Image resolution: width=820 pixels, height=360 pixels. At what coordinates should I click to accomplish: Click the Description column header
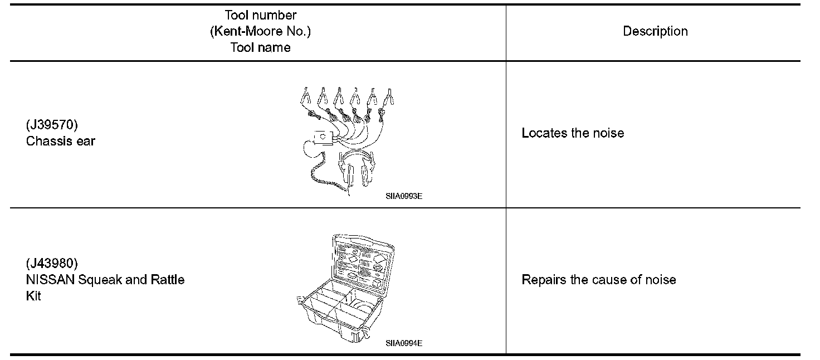(x=655, y=32)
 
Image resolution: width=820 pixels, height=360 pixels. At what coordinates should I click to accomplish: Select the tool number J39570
(x=52, y=125)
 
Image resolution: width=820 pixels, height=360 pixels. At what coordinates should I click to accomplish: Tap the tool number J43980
(x=52, y=263)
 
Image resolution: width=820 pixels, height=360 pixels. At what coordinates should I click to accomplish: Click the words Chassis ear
(x=61, y=141)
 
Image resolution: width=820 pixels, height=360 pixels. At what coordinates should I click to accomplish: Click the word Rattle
(x=168, y=280)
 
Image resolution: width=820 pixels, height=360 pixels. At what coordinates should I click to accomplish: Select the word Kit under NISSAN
(x=33, y=296)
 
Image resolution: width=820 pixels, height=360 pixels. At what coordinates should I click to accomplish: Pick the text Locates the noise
(x=573, y=133)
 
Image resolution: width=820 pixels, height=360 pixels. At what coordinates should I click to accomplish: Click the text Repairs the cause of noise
(x=599, y=280)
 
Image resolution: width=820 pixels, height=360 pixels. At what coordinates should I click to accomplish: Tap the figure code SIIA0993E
(x=404, y=196)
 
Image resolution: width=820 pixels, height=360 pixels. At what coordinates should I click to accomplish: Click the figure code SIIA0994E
(x=404, y=343)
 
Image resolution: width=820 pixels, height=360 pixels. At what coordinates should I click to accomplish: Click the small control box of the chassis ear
(x=322, y=137)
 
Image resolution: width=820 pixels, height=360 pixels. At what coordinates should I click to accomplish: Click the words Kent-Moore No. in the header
(x=260, y=32)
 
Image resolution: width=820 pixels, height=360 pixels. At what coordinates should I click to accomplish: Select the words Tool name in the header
(x=260, y=48)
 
